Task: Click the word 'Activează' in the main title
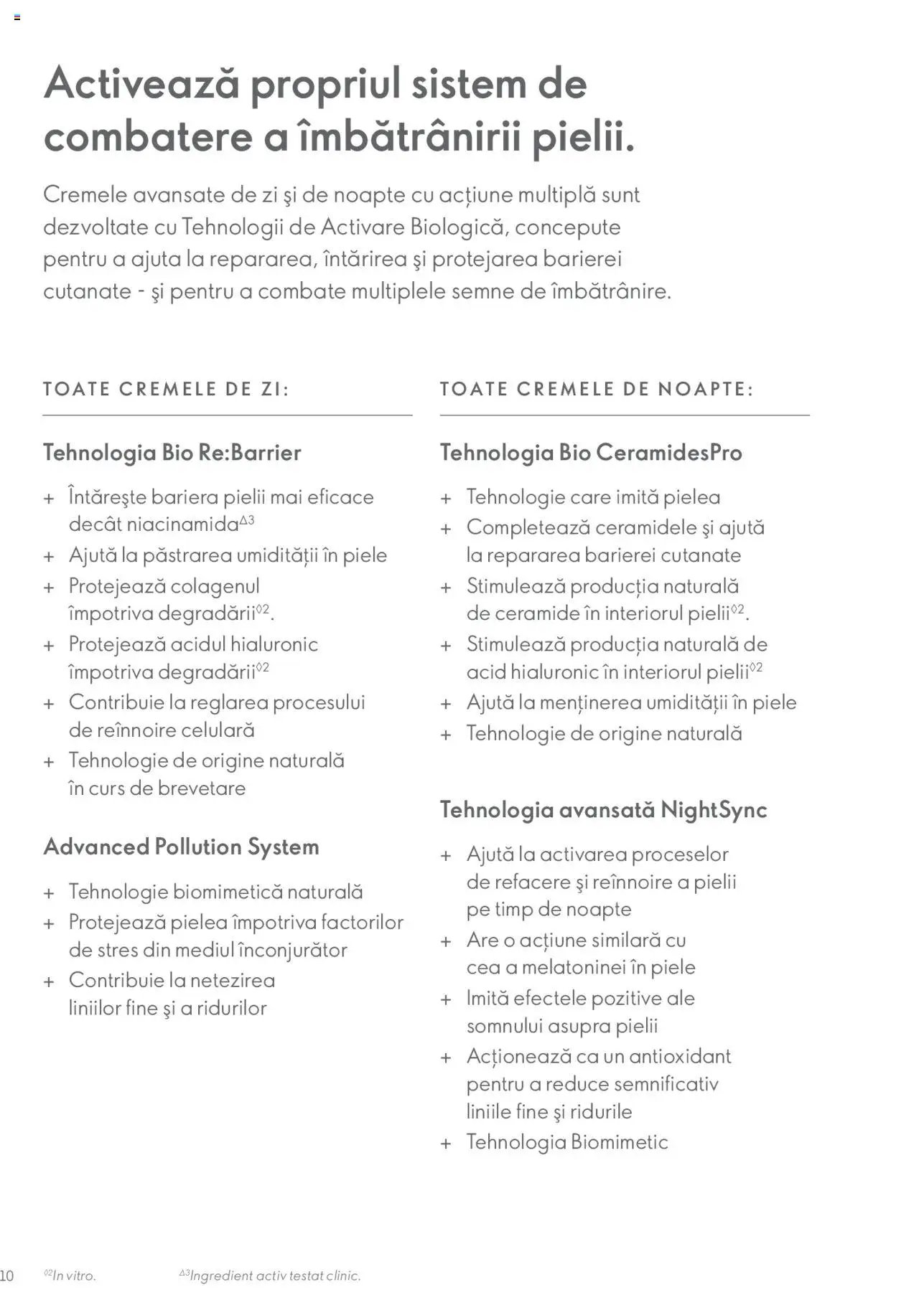tap(141, 83)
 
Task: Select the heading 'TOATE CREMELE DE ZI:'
tap(166, 389)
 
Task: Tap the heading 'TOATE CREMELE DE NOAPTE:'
tap(597, 389)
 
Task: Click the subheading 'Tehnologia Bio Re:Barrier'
tap(172, 453)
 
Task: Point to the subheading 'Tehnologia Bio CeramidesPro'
tap(591, 453)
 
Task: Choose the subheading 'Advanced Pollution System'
tap(181, 847)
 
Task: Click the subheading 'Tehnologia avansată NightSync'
tap(603, 810)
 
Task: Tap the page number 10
tap(6, 1276)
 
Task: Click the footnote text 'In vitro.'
tap(74, 1276)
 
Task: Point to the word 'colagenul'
tap(215, 586)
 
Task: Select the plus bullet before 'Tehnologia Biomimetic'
tap(446, 1143)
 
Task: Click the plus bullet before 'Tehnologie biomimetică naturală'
tap(49, 893)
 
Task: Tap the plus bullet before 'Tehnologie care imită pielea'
tap(446, 498)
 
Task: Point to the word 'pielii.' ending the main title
tap(583, 136)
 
